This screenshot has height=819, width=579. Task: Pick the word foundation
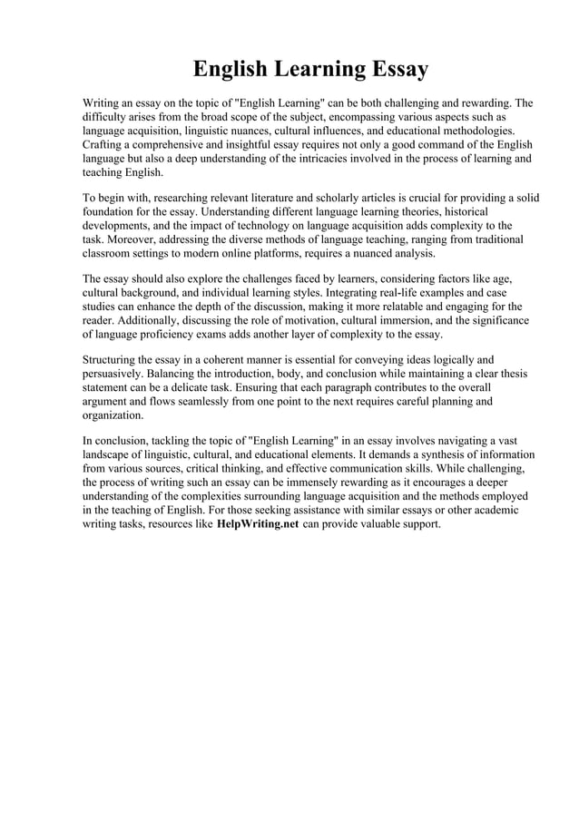click(x=113, y=212)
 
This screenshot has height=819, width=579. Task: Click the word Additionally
click(x=154, y=321)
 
